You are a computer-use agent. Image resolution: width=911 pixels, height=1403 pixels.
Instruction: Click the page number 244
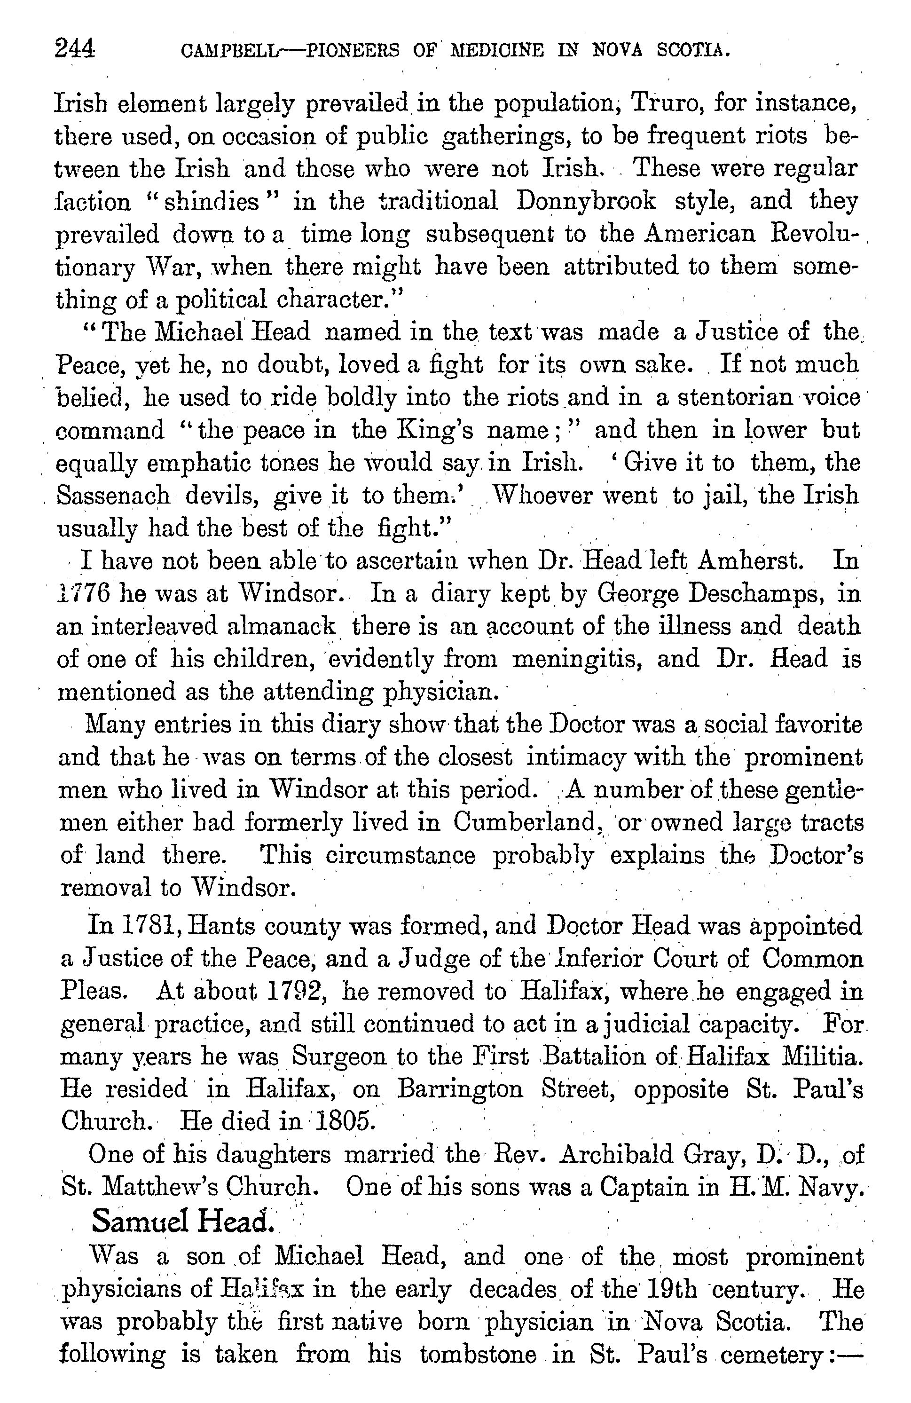coord(74,48)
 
